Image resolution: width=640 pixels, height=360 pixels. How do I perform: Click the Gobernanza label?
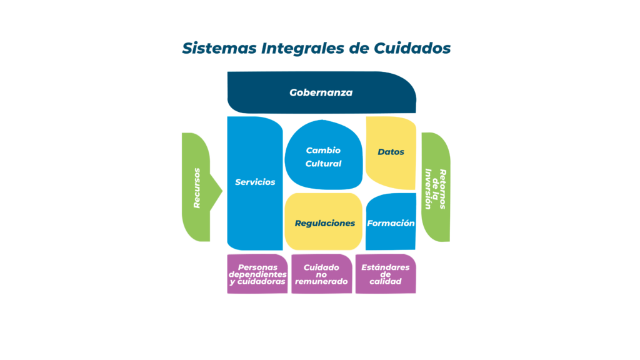pyautogui.click(x=321, y=92)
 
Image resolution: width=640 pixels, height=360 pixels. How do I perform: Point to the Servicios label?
pyautogui.click(x=255, y=182)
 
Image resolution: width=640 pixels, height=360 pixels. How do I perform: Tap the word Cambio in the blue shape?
pyautogui.click(x=323, y=151)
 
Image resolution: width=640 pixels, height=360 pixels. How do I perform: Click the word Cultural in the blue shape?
pyautogui.click(x=323, y=164)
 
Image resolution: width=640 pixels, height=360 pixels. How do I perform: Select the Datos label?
pyautogui.click(x=391, y=152)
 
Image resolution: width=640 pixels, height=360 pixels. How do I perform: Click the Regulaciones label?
pyautogui.click(x=324, y=223)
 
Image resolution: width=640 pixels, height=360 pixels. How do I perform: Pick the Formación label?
pyautogui.click(x=391, y=223)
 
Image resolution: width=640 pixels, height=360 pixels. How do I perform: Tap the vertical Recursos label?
pyautogui.click(x=197, y=187)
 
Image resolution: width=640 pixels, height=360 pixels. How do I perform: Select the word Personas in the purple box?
pyautogui.click(x=257, y=267)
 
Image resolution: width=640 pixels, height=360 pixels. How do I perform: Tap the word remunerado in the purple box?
pyautogui.click(x=321, y=281)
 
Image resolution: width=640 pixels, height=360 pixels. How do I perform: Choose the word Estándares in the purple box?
pyautogui.click(x=386, y=267)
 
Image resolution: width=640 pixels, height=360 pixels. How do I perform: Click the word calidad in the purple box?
pyautogui.click(x=386, y=281)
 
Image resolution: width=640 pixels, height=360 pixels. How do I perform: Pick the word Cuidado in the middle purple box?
pyautogui.click(x=321, y=267)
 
